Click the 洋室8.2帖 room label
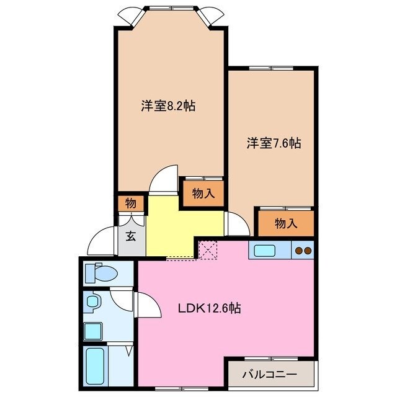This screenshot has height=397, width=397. pos(167,106)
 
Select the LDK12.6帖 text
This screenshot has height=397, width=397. pos(210,308)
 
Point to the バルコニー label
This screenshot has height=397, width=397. pos(269,374)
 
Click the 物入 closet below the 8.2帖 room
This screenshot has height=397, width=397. pos(202,194)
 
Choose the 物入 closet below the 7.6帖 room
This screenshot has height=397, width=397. pos(286,224)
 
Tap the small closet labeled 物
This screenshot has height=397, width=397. pos(131,203)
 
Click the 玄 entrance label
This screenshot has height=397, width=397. pos(132,236)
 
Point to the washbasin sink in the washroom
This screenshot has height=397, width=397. pos(93,302)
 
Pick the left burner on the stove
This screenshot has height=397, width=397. pos(298,251)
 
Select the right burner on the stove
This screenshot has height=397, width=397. pos(308,251)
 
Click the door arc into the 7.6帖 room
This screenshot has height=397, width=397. pos(236,224)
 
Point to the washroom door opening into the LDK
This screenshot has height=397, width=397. pos(143,305)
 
